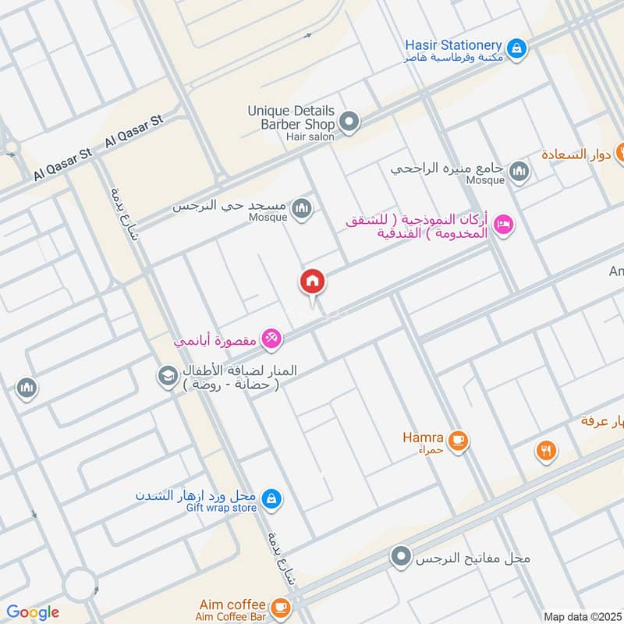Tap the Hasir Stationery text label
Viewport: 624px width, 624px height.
[453, 45]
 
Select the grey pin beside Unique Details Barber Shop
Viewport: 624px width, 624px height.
[349, 122]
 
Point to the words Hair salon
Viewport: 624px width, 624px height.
[310, 136]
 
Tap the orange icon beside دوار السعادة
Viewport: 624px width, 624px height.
[621, 153]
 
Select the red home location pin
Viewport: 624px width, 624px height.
[313, 282]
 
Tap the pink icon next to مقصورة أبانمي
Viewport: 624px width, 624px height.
[271, 339]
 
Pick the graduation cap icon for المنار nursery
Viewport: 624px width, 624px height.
[167, 376]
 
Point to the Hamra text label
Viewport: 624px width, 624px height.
[424, 438]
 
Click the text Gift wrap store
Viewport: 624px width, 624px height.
[221, 509]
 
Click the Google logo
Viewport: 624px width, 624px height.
[33, 612]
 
